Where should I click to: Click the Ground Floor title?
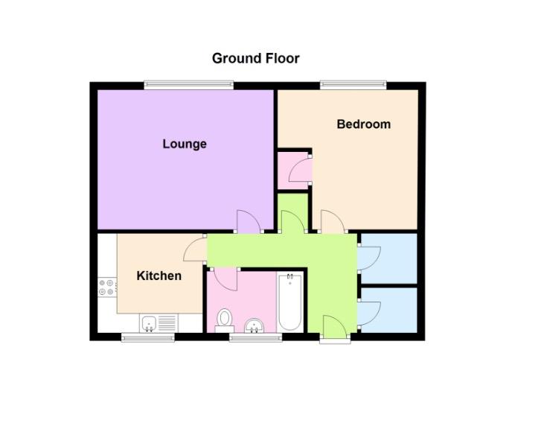(255, 58)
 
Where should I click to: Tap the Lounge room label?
(185, 144)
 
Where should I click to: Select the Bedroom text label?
(363, 124)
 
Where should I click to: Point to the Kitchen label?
(159, 276)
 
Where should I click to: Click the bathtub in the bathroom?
(290, 302)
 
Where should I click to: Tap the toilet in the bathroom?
(223, 320)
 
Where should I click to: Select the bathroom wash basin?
(255, 325)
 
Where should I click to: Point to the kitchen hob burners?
(105, 287)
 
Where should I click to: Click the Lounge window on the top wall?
(188, 84)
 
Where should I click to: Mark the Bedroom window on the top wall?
(353, 84)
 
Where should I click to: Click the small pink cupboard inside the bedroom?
(293, 170)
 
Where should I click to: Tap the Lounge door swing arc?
(248, 221)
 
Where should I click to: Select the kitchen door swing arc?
(195, 249)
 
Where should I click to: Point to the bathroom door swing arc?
(225, 279)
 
